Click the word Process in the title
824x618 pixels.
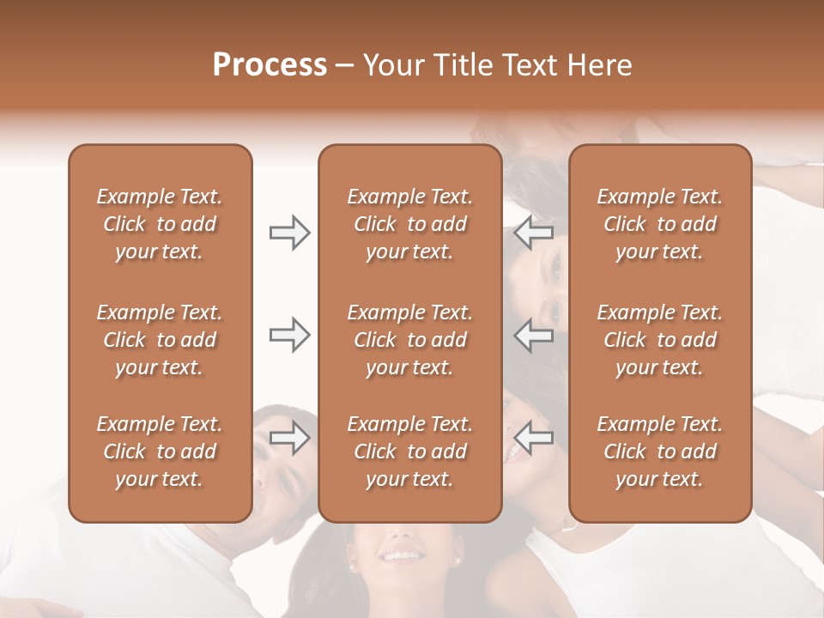pos(270,65)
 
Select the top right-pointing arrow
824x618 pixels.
pos(290,233)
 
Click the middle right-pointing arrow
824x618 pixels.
pos(290,335)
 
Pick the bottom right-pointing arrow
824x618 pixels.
pos(290,439)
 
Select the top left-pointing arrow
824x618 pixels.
pos(534,233)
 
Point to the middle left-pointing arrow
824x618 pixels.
pos(534,335)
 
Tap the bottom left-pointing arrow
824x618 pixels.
pos(534,439)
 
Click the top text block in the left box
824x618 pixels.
pos(160,224)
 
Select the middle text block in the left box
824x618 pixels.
pos(160,340)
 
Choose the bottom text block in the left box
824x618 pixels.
pos(160,451)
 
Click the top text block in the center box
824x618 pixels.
pos(410,224)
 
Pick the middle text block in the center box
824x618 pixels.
pos(410,340)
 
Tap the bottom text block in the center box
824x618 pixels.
pos(410,451)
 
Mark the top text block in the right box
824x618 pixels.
pos(660,224)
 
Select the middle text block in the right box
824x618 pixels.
pos(660,340)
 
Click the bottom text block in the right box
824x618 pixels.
pos(660,451)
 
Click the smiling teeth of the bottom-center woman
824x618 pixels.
pos(400,556)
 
